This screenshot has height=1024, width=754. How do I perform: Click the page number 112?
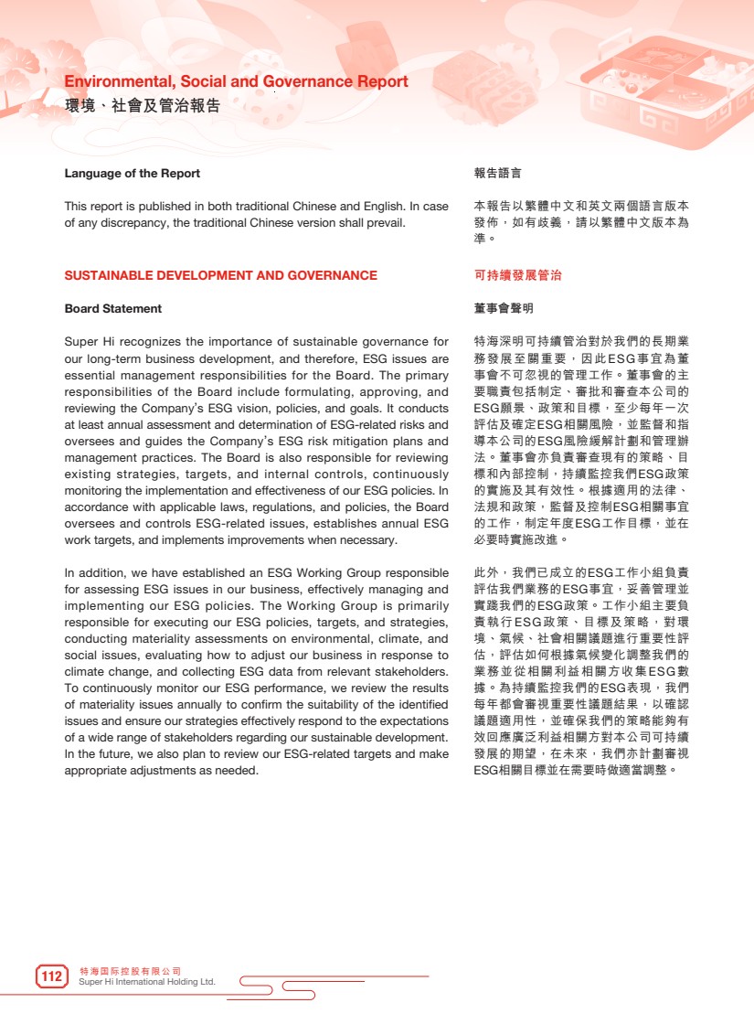click(x=52, y=976)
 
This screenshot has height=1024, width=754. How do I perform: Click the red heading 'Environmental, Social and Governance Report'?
click(x=236, y=82)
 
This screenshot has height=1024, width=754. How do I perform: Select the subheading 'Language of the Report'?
click(x=132, y=174)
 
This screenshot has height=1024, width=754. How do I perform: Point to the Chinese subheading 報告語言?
click(x=497, y=174)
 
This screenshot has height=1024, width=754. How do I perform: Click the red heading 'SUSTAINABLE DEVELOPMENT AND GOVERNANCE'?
click(x=220, y=275)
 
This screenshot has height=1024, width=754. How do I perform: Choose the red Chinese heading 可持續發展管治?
click(x=517, y=275)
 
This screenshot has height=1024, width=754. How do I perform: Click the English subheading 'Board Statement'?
click(x=112, y=309)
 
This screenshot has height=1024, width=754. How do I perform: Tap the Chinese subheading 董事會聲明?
click(x=504, y=309)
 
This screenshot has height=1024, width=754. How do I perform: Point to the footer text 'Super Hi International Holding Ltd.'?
click(x=147, y=982)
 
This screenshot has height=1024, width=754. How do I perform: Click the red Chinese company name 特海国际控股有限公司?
click(x=130, y=970)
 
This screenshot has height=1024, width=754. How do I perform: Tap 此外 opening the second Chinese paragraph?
click(x=485, y=572)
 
